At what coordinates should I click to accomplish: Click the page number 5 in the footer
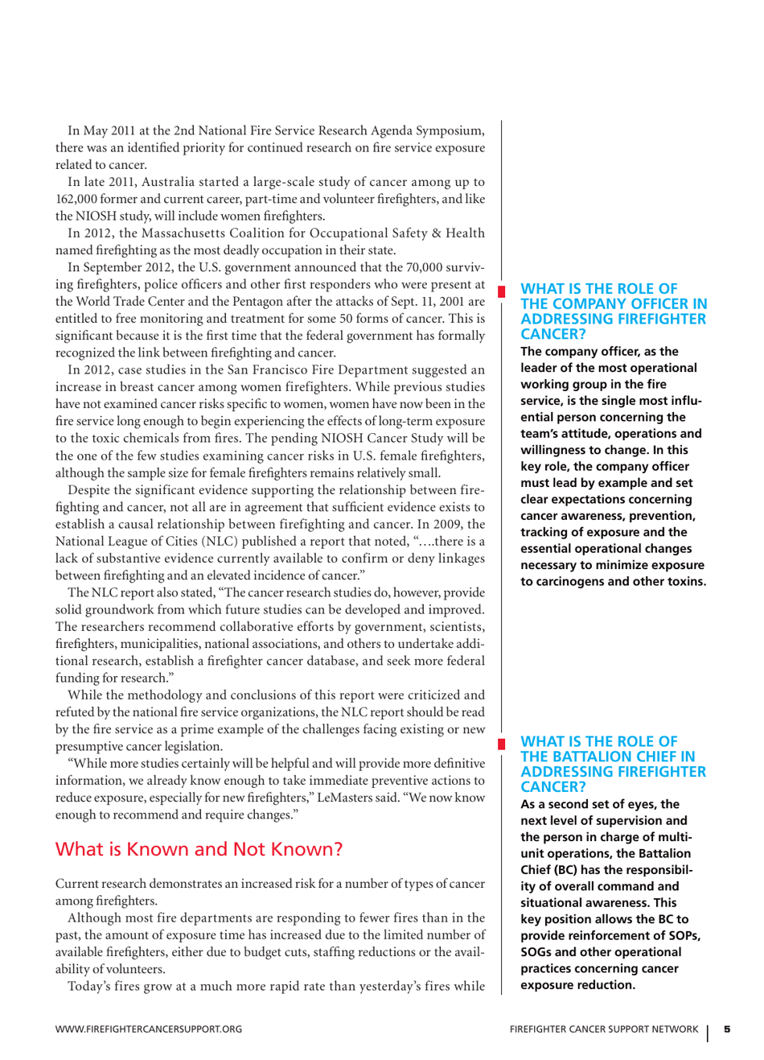point(727,1029)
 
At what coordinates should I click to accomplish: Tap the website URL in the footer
point(148,1029)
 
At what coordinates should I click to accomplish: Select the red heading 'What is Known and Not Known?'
point(199,849)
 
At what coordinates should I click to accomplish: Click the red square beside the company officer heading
point(501,290)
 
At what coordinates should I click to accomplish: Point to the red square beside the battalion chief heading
point(501,743)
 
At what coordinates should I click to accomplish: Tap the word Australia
point(171,182)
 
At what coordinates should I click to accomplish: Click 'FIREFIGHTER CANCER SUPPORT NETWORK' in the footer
point(603,1029)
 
